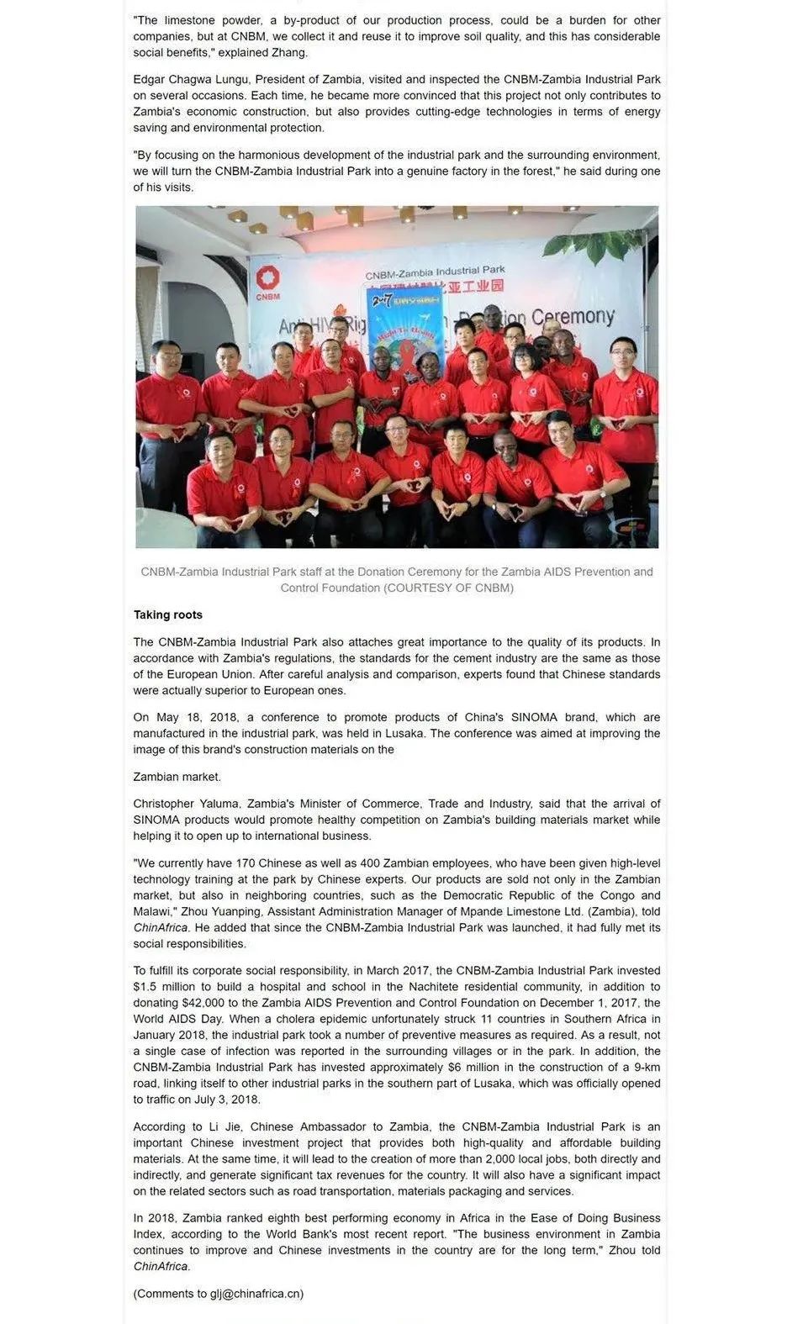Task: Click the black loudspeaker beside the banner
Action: pyautogui.click(x=193, y=366)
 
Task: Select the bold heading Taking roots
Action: pyautogui.click(x=168, y=615)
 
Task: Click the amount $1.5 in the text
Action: pyautogui.click(x=146, y=987)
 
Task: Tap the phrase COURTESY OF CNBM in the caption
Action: pyautogui.click(x=449, y=588)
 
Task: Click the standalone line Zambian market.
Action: pyautogui.click(x=177, y=777)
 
